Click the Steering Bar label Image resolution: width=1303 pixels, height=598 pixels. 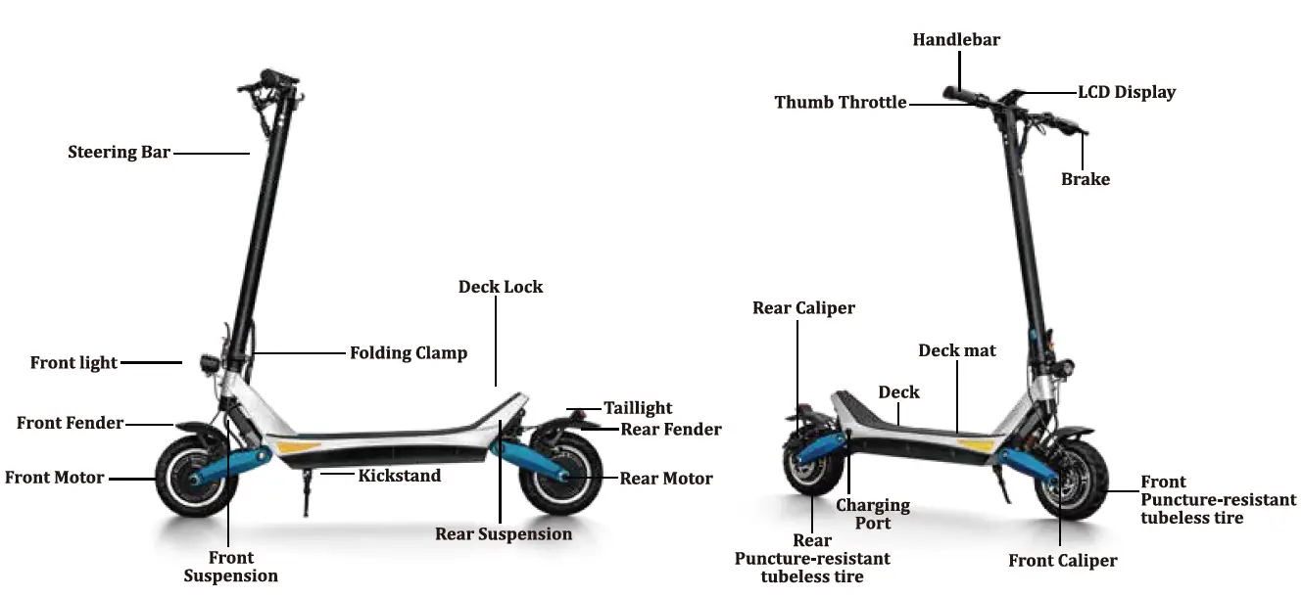click(119, 153)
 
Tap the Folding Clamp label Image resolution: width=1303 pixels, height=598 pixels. click(409, 352)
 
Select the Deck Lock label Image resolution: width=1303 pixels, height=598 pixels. click(500, 287)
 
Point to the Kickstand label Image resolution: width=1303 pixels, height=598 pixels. click(399, 476)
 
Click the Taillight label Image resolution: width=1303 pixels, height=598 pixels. click(638, 408)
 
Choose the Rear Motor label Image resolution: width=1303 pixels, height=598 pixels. click(666, 479)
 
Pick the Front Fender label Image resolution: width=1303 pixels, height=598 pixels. click(70, 423)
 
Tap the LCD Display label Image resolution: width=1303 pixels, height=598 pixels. click(1127, 92)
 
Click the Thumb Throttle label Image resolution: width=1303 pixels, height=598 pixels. click(840, 102)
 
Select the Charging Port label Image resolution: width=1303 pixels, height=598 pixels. click(872, 514)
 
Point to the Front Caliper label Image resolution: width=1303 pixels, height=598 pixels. click(1062, 561)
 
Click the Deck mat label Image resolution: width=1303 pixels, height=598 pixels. click(956, 350)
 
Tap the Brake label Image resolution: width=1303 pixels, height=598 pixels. click(1086, 179)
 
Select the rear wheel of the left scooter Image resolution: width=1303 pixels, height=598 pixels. click(561, 476)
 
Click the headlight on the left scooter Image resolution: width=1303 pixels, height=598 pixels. click(208, 362)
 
